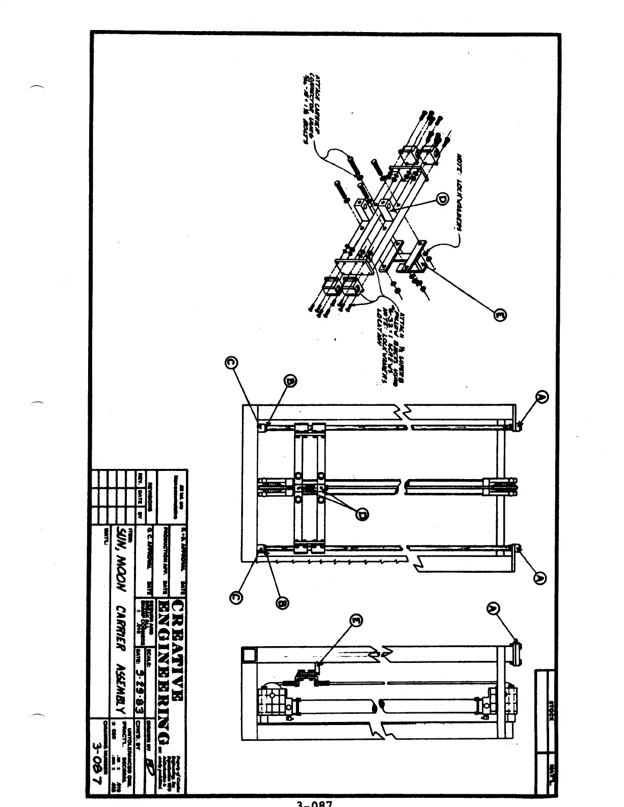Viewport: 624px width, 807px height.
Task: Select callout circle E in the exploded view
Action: point(501,316)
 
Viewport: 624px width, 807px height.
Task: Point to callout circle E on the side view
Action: point(357,620)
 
